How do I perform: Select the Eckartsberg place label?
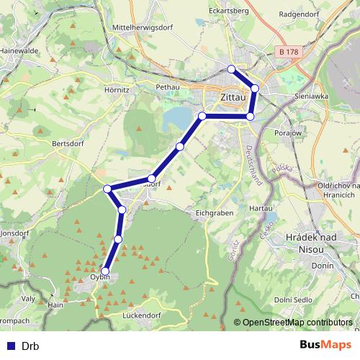230,11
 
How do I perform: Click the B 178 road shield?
289,52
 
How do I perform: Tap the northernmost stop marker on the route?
231,69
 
